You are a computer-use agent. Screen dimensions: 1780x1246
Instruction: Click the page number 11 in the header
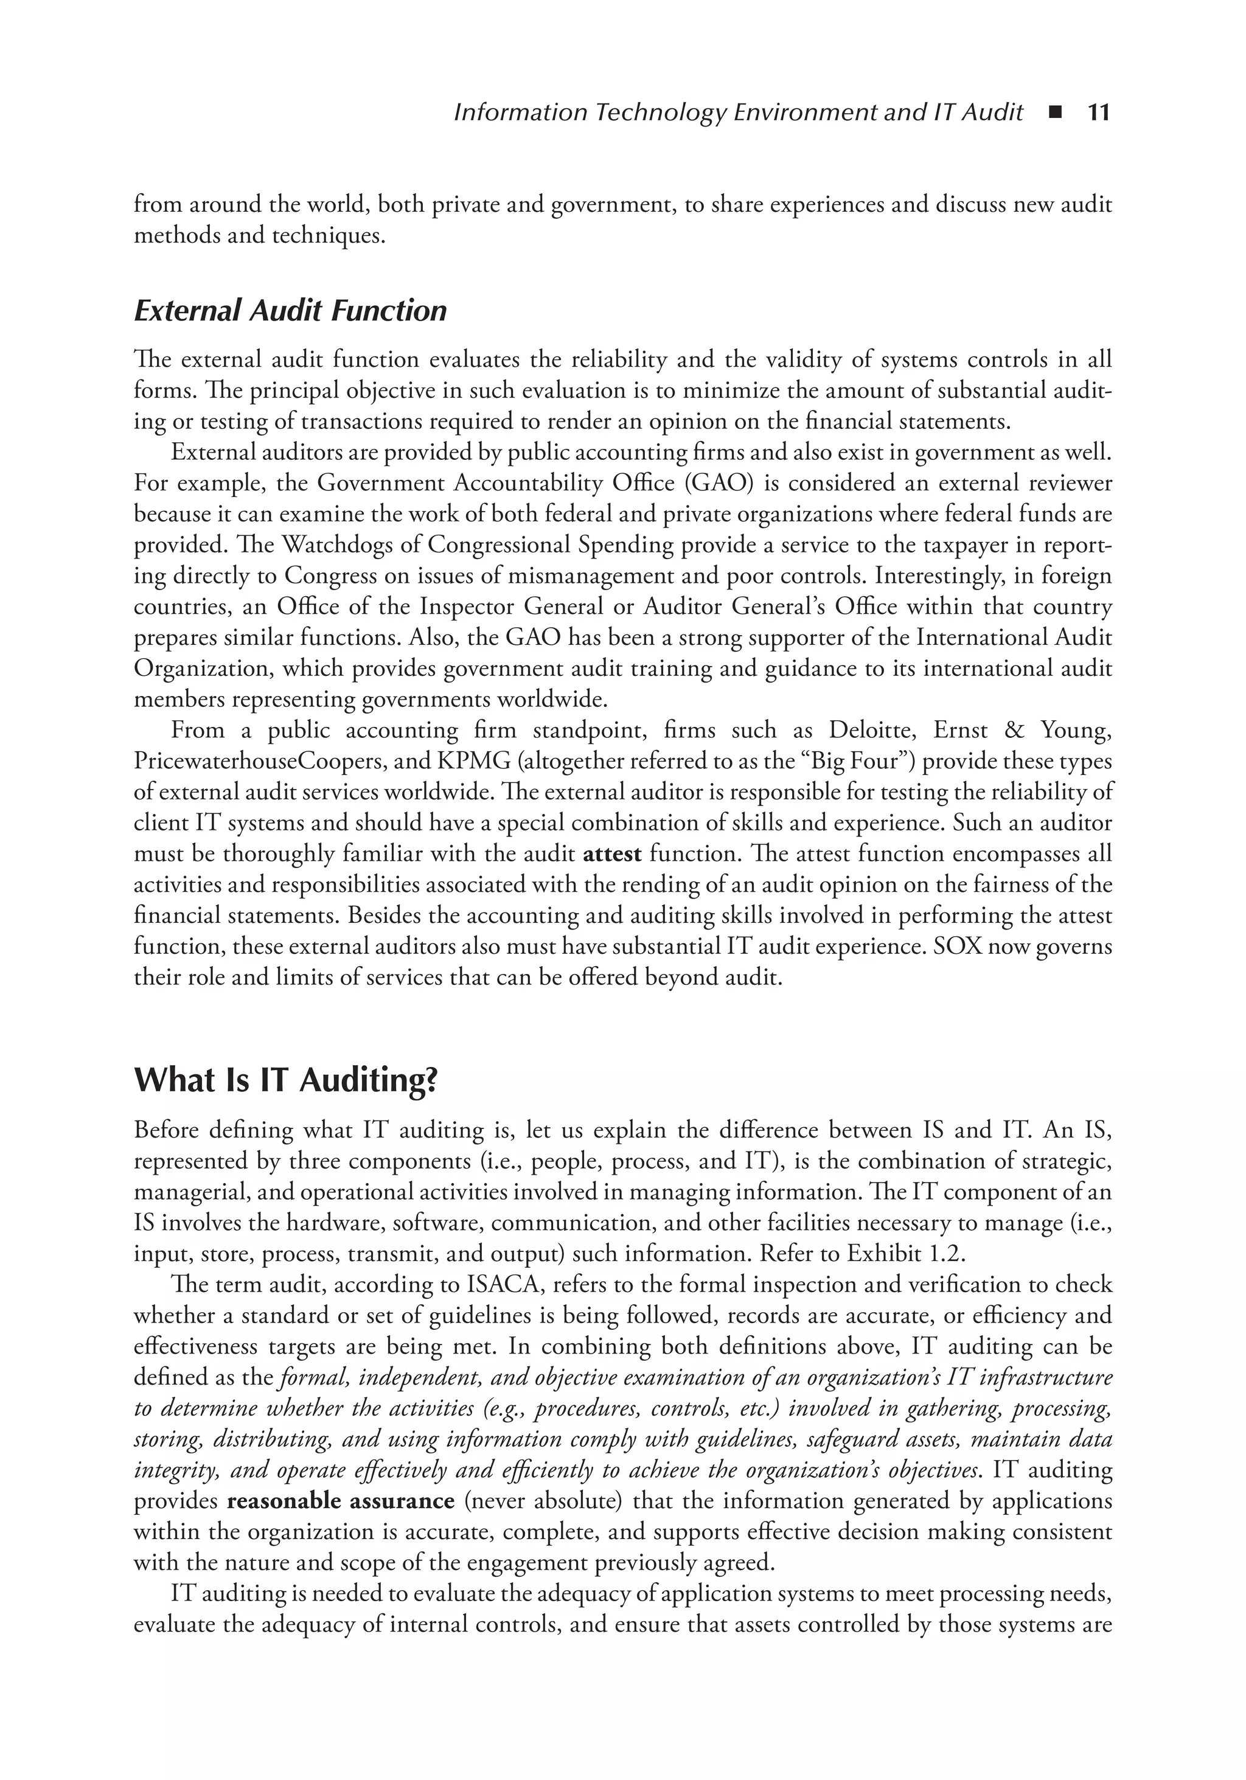1099,113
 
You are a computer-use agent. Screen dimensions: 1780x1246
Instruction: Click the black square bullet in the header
1054,113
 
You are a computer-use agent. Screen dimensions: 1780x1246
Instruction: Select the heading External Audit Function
290,311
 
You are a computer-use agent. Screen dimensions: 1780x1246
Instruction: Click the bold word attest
612,854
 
